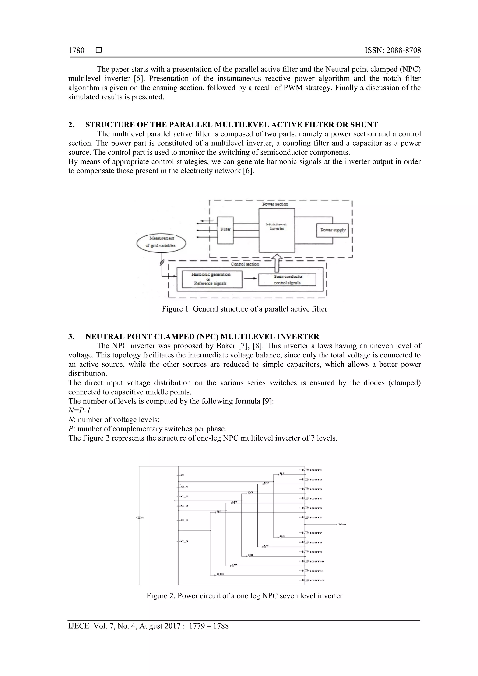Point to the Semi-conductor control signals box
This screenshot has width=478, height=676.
pos(287,280)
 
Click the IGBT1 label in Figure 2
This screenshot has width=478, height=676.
pos(316,470)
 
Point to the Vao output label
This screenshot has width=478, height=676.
pos(342,524)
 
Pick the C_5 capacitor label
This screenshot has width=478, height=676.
pos(184,541)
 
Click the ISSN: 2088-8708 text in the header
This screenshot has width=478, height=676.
pos(393,50)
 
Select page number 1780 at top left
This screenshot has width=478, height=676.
pos(76,50)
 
